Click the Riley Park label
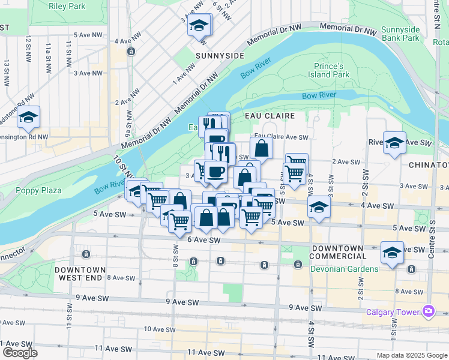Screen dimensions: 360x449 [67, 7]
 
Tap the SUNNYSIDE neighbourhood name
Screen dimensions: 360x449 [220, 55]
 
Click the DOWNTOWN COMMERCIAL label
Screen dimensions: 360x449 [336, 252]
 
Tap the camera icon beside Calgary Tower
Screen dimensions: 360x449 [429, 311]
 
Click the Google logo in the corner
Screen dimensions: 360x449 [19, 353]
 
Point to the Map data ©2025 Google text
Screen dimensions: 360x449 [412, 355]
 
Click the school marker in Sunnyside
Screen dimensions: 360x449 [199, 26]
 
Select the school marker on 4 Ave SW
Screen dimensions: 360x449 [319, 208]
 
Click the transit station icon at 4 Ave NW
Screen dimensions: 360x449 [131, 52]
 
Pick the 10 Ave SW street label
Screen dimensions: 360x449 [159, 329]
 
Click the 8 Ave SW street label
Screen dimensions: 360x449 [121, 278]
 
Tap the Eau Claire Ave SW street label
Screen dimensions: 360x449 [281, 137]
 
